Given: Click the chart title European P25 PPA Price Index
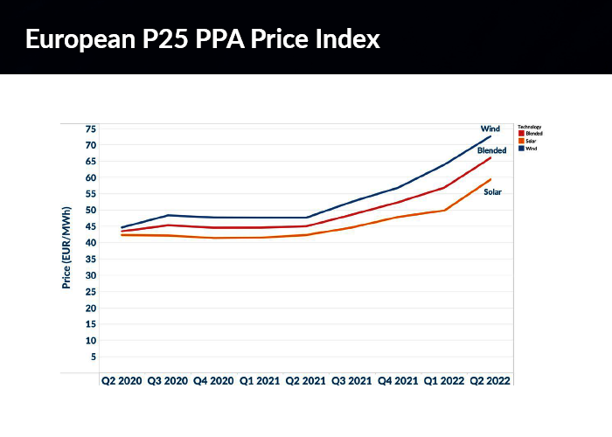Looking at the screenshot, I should click(x=202, y=39).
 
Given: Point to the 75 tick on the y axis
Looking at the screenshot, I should click(x=90, y=128).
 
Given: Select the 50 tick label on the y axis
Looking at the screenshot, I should click(x=90, y=211).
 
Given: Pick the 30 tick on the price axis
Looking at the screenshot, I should click(x=90, y=275).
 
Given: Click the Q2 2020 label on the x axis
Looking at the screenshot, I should click(x=121, y=381).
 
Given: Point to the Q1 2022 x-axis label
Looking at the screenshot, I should click(x=444, y=381).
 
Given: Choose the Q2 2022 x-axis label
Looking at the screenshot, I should click(x=491, y=381).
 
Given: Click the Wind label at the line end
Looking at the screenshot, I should click(x=490, y=128).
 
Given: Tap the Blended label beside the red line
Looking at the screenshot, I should click(x=492, y=151).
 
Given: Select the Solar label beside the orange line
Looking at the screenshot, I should click(x=493, y=191).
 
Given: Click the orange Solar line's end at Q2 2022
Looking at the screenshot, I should click(x=491, y=179).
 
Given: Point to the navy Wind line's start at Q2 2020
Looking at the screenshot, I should click(x=122, y=227).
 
